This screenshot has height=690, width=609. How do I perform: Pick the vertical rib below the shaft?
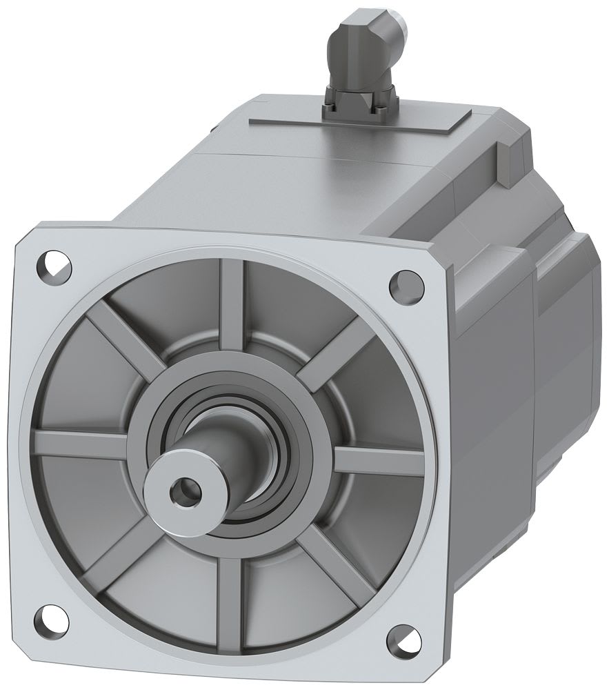(227, 593)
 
